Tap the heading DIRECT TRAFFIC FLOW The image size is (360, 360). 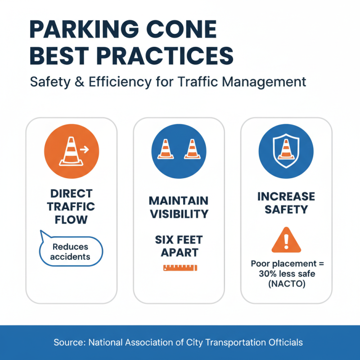coord(72,207)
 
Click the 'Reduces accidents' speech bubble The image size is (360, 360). coord(71,252)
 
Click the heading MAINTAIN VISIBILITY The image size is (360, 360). coord(179,207)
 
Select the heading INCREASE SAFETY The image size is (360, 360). coord(286,203)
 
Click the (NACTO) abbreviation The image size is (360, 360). coord(286,283)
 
